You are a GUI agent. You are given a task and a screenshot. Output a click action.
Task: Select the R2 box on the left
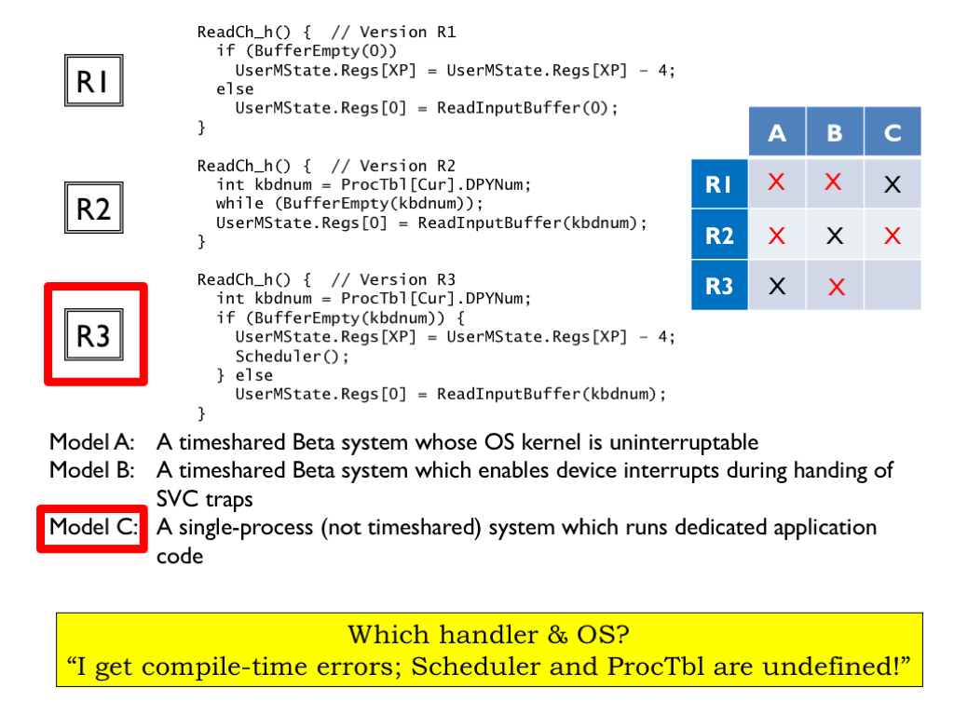pos(93,208)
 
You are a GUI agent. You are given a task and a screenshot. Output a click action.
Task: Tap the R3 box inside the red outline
pos(93,334)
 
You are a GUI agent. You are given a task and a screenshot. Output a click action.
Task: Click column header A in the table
pos(777,133)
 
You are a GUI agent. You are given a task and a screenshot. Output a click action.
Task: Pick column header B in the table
pos(835,133)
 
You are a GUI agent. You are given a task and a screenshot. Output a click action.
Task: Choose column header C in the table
pos(893,133)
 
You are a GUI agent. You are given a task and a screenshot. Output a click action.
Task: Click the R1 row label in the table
pos(719,184)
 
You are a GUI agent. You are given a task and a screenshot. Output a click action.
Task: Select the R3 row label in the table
pos(719,286)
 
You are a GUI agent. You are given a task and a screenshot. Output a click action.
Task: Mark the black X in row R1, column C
pos(893,184)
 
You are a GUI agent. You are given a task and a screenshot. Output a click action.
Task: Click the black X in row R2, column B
pos(835,236)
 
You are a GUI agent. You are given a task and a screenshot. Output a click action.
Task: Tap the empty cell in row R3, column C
pos(893,286)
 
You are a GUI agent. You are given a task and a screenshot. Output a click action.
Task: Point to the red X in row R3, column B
pos(836,287)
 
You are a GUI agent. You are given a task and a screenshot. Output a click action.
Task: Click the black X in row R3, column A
pos(777,286)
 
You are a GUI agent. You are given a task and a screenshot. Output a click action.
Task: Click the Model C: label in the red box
pos(93,527)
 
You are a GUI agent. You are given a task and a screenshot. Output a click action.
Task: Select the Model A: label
pos(93,442)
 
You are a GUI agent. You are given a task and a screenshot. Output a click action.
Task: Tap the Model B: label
pos(93,470)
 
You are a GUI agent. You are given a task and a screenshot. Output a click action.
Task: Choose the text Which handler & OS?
pos(489,635)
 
